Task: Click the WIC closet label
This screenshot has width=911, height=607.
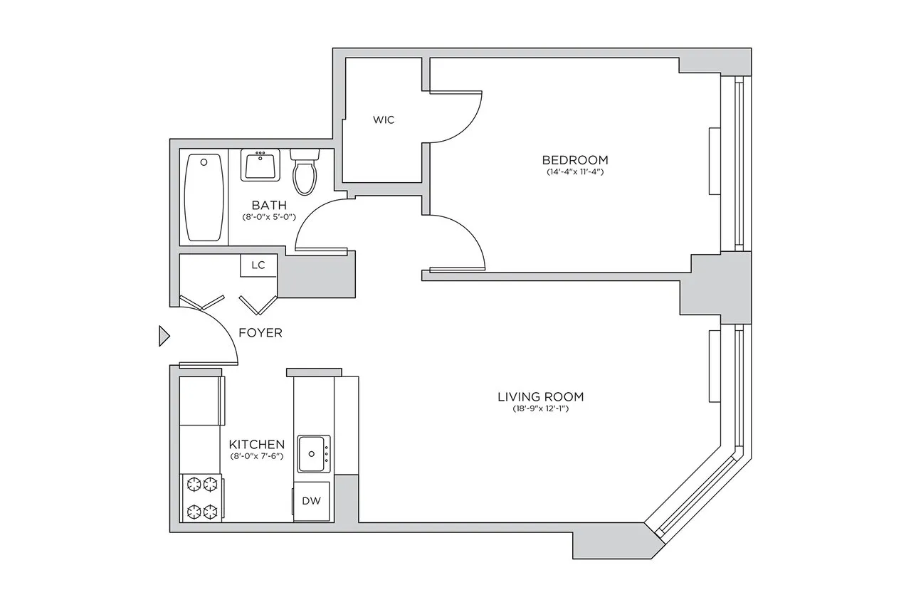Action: (x=383, y=120)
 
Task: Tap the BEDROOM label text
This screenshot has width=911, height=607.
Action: (x=575, y=159)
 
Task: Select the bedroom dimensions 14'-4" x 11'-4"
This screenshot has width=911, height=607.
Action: (x=575, y=172)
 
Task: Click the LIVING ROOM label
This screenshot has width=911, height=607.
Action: (x=545, y=396)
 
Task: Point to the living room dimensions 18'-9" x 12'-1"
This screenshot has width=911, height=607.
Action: (x=545, y=409)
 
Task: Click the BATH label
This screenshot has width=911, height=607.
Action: (x=269, y=205)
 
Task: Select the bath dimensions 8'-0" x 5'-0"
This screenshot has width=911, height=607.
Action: (x=269, y=217)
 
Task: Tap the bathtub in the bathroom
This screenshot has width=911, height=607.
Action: (x=204, y=199)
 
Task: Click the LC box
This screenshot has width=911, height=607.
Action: (x=258, y=265)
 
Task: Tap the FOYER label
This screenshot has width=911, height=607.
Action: (x=260, y=332)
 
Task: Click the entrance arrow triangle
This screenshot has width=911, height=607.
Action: (x=164, y=335)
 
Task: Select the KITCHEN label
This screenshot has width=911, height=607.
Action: (x=257, y=444)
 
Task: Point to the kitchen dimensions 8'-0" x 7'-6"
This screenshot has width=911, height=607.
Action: (x=257, y=456)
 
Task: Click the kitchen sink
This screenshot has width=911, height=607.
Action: (x=313, y=454)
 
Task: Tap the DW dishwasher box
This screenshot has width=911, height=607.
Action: (x=311, y=501)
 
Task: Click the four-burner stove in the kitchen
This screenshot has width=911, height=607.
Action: (x=201, y=497)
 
